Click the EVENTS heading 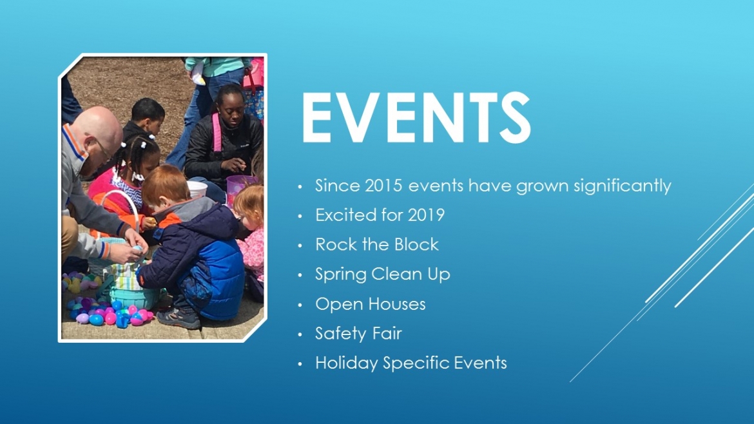pyautogui.click(x=416, y=117)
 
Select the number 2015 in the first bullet pyautogui.click(x=383, y=186)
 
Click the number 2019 pyautogui.click(x=426, y=215)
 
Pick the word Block pyautogui.click(x=416, y=244)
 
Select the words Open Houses pyautogui.click(x=371, y=304)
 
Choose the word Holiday pyautogui.click(x=346, y=363)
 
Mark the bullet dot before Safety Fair pyautogui.click(x=300, y=334)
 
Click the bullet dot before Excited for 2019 pyautogui.click(x=300, y=216)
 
